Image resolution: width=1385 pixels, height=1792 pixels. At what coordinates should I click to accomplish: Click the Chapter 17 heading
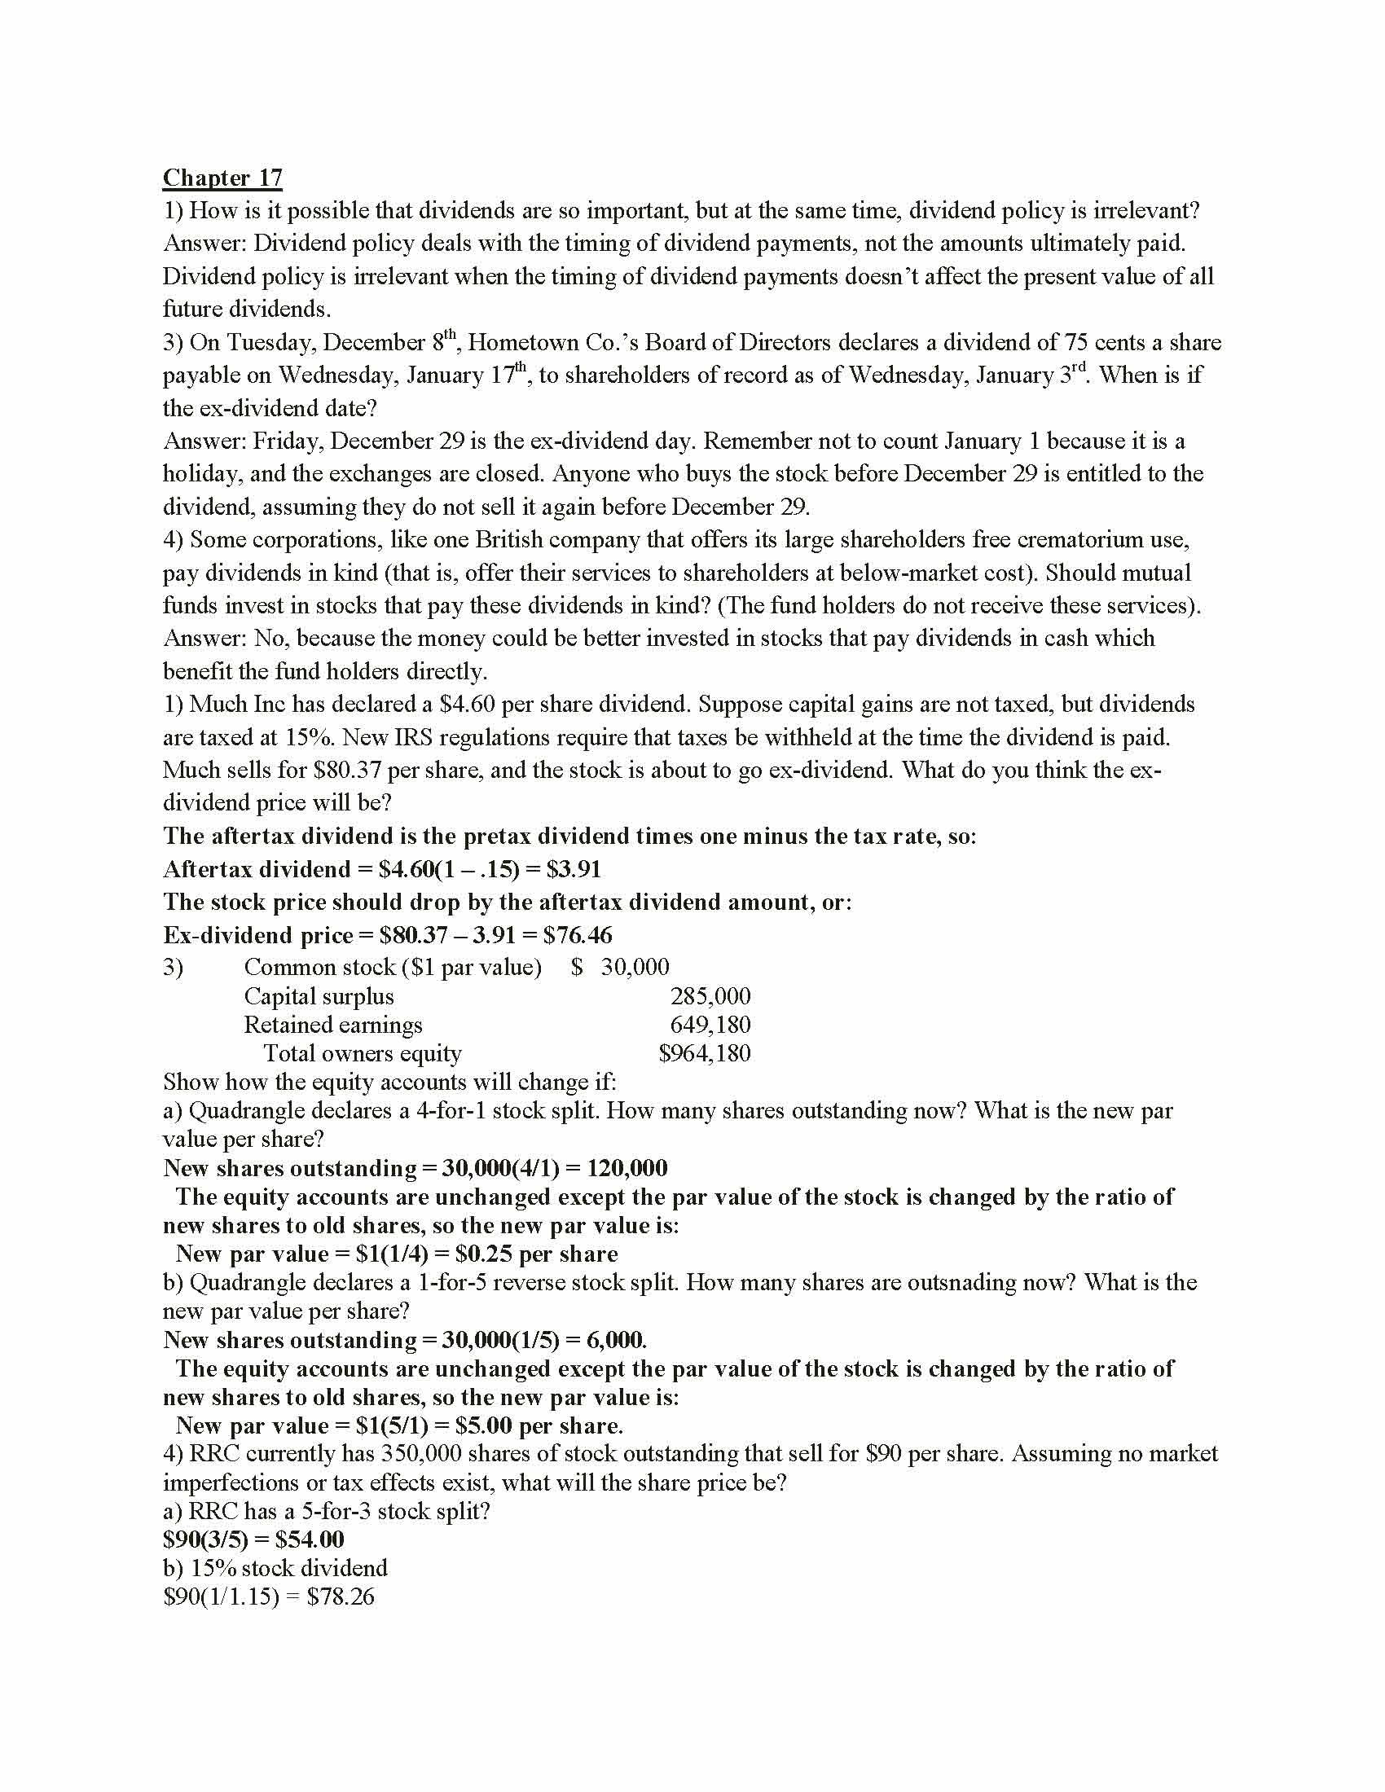click(222, 178)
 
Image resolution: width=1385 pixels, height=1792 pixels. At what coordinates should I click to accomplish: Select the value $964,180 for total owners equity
click(704, 1053)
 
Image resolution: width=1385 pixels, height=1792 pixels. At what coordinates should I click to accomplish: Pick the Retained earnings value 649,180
click(710, 1025)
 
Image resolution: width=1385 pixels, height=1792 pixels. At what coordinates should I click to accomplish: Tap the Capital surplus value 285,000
click(710, 997)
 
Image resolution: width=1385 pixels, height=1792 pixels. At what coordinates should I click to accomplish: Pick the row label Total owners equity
click(362, 1053)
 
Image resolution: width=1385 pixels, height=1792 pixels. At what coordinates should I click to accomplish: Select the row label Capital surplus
click(319, 997)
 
